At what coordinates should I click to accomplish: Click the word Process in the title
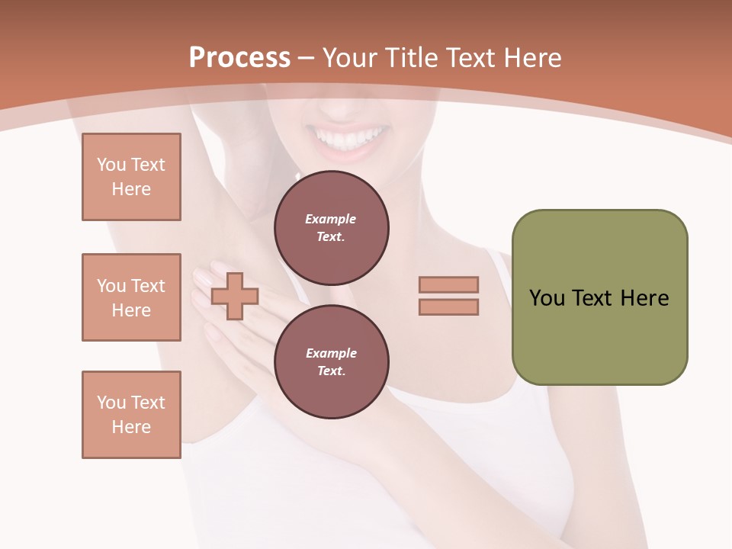pos(239,58)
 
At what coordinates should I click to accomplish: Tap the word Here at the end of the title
pos(531,58)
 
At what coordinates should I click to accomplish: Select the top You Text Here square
pos(131,177)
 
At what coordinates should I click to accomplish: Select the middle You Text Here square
pos(131,297)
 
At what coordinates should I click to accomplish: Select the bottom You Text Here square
pos(131,415)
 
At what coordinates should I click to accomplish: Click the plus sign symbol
pos(235,296)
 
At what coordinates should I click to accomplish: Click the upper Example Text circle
pos(331,228)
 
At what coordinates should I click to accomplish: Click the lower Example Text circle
pos(331,361)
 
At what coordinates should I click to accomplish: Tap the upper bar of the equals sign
pos(448,284)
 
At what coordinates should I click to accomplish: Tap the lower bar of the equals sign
pos(448,307)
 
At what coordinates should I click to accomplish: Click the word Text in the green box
pos(592,298)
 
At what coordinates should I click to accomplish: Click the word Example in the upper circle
pos(331,219)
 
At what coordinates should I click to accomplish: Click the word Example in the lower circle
pos(331,353)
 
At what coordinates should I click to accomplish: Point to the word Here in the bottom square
pos(131,427)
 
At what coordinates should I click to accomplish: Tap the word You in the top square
pos(111,165)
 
